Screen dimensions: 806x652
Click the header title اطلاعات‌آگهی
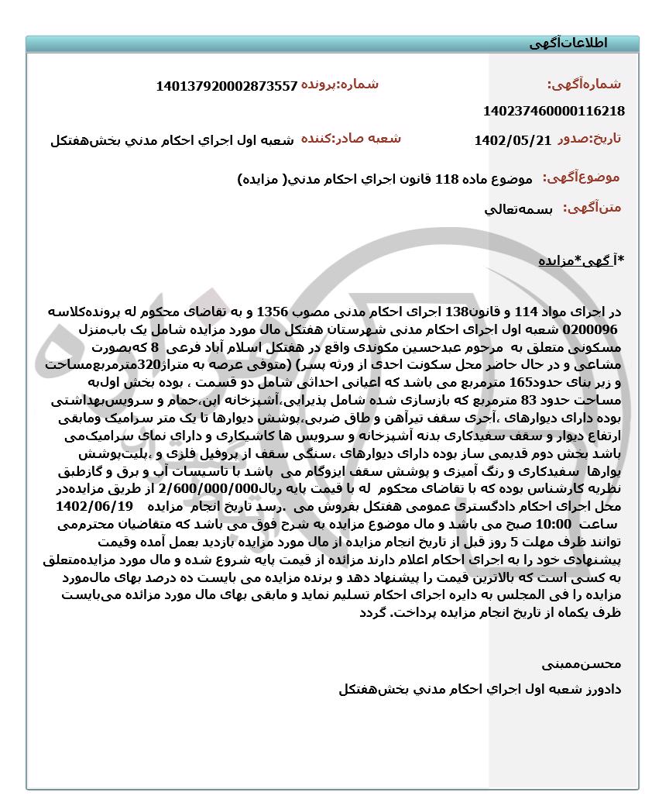569,43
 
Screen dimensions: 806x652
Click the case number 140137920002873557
226,87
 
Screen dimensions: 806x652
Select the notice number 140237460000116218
553,111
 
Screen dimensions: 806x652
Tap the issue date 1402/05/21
512,141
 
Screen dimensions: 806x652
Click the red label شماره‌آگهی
585,84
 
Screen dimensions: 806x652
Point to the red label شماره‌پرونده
340,84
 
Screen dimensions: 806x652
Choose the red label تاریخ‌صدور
589,139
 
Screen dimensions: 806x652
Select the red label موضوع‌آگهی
581,177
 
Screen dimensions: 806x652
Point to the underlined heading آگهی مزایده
580,261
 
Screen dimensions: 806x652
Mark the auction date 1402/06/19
94,505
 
